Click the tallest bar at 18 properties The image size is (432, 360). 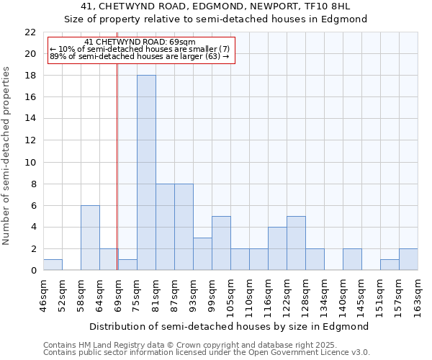(x=146, y=173)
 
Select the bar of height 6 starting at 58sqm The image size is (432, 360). (x=90, y=238)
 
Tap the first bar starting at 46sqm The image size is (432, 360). (x=53, y=264)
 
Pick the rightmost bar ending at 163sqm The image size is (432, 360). (x=408, y=259)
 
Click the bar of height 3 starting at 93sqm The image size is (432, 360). (x=202, y=253)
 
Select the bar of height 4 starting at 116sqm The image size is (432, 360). (x=277, y=248)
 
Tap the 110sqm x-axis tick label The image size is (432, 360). (x=250, y=295)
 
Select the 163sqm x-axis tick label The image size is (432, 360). (x=418, y=295)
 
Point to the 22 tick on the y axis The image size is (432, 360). (x=30, y=32)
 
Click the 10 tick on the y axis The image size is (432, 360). (x=30, y=162)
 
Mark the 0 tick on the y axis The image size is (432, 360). (x=32, y=270)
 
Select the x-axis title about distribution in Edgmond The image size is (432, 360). (x=230, y=326)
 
